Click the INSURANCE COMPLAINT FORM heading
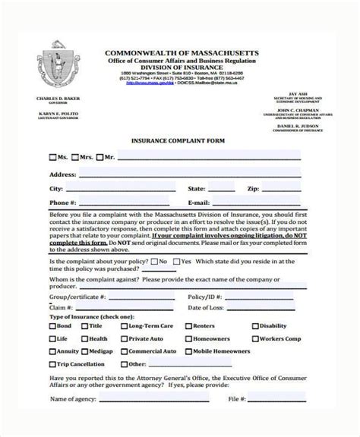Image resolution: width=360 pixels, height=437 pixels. tap(179, 140)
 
